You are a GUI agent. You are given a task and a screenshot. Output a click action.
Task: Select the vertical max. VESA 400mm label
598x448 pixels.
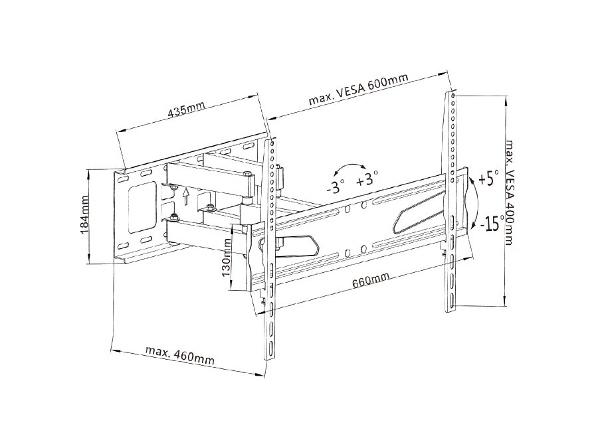tap(509, 192)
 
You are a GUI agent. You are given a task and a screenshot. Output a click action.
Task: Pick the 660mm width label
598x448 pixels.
tap(370, 281)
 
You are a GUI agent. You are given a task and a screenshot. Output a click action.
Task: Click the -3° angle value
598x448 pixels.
tap(336, 187)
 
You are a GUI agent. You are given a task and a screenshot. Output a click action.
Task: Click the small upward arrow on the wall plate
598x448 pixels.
tap(187, 196)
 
